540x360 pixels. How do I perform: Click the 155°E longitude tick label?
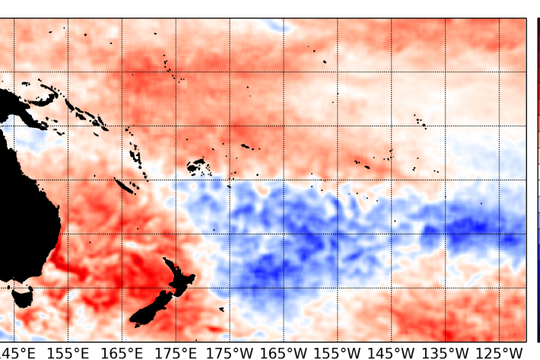tap(69, 352)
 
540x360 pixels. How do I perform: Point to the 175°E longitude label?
tap(176, 352)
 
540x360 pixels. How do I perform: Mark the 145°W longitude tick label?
tap(392, 352)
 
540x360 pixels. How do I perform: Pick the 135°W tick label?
tap(446, 352)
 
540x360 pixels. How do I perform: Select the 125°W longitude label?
tap(500, 352)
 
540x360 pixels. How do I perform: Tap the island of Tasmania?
tap(23, 295)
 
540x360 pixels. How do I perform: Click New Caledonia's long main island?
tap(124, 185)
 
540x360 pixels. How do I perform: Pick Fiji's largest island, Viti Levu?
tap(195, 164)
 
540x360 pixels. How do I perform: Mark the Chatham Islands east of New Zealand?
tap(221, 308)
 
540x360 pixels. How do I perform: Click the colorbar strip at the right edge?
tap(537, 179)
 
